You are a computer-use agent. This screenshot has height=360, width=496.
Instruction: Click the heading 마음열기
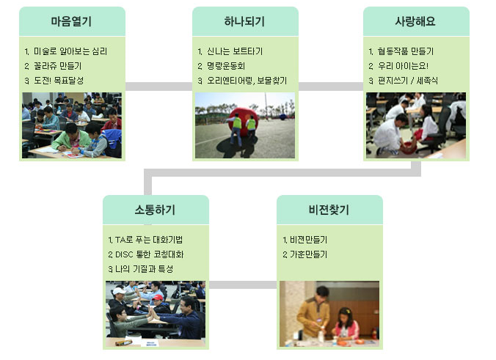click(x=71, y=21)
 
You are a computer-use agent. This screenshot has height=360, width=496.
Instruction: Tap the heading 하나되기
click(x=244, y=21)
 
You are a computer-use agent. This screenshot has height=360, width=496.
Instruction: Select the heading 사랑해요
click(x=415, y=21)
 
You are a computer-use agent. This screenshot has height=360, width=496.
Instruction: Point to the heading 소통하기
click(x=155, y=210)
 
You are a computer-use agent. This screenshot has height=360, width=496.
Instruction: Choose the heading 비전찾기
click(x=329, y=210)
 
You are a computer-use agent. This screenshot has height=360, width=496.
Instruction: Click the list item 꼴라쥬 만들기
click(x=57, y=66)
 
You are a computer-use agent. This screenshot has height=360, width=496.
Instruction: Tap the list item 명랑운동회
click(x=226, y=66)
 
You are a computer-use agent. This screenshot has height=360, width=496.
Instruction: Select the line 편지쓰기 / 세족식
click(x=408, y=81)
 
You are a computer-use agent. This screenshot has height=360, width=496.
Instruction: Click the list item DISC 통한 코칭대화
click(x=149, y=254)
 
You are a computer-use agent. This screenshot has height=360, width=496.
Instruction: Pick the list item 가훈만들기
click(x=308, y=254)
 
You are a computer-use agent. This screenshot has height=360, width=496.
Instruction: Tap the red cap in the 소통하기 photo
click(x=157, y=298)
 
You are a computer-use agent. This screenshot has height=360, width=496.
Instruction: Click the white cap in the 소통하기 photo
click(x=119, y=290)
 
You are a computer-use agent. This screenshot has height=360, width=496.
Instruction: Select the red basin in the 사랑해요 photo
click(x=409, y=147)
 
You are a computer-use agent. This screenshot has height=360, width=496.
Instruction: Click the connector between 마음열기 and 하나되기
click(x=158, y=87)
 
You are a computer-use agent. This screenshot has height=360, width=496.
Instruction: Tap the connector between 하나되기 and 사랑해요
click(x=331, y=87)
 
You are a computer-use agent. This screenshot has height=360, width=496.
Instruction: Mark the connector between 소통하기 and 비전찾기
click(x=243, y=284)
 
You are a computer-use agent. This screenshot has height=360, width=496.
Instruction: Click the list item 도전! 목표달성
click(x=59, y=81)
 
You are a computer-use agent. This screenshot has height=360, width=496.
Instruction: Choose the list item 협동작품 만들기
click(x=406, y=51)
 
